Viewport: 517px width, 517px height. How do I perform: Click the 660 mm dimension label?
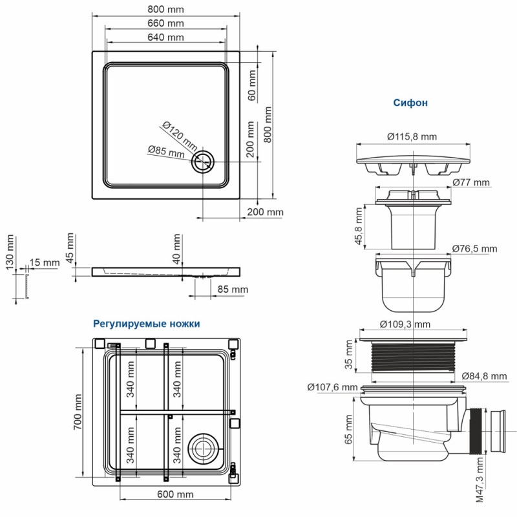165,23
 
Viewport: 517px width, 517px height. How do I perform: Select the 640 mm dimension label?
165,37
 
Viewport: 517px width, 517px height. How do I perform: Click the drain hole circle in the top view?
205,162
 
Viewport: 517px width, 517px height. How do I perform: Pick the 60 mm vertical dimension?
252,84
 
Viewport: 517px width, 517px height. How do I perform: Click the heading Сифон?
410,102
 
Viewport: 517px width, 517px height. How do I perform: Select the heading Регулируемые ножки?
147,323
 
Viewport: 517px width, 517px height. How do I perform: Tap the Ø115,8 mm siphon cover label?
412,136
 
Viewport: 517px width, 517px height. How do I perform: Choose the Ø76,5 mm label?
474,249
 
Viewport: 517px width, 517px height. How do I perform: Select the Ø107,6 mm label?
332,387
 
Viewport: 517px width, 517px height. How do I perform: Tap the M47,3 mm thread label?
480,479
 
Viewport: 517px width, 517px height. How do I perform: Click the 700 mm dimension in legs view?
78,411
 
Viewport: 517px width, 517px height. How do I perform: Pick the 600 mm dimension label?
175,495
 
